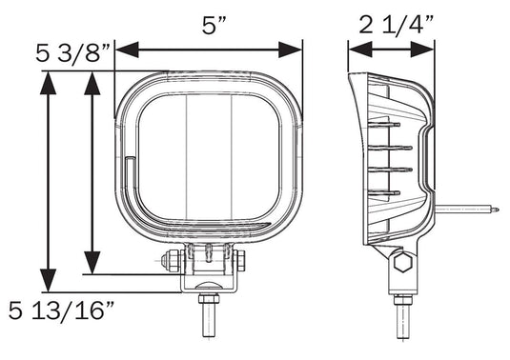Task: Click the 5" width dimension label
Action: pos(214,26)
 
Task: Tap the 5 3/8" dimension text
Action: pos(73,53)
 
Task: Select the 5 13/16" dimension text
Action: pos(61,310)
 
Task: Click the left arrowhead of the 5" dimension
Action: pos(127,50)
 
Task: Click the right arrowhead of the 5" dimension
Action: pos(290,50)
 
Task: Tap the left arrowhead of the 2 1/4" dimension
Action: pos(360,50)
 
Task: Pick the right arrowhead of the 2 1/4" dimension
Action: pos(422,50)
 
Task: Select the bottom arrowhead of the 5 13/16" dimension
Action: pos(48,280)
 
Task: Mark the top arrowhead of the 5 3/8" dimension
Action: pos(92,83)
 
